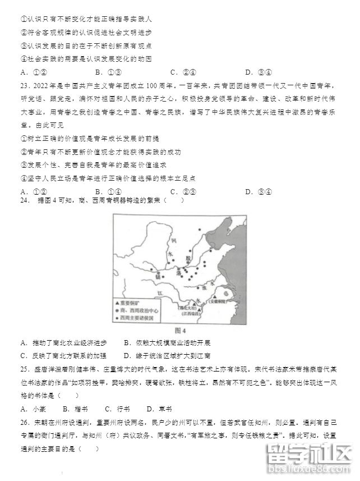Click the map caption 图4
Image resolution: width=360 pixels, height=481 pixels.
coord(180,331)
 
